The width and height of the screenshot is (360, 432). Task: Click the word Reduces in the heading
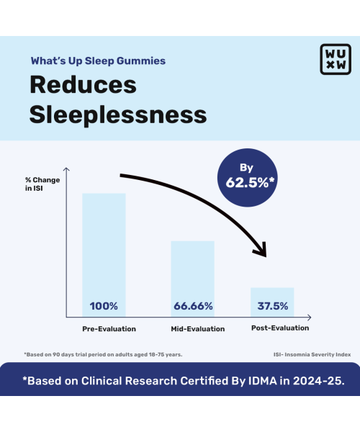tap(83, 84)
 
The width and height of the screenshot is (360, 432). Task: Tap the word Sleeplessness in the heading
tap(118, 114)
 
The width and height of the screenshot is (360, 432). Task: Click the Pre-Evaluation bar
tap(104, 245)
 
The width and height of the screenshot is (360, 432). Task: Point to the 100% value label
tap(104, 306)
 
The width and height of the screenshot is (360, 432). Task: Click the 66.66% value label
tap(193, 306)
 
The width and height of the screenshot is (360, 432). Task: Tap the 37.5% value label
tap(273, 306)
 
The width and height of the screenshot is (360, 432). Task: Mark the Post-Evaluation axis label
tap(280, 328)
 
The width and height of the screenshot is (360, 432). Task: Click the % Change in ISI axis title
tap(42, 184)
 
